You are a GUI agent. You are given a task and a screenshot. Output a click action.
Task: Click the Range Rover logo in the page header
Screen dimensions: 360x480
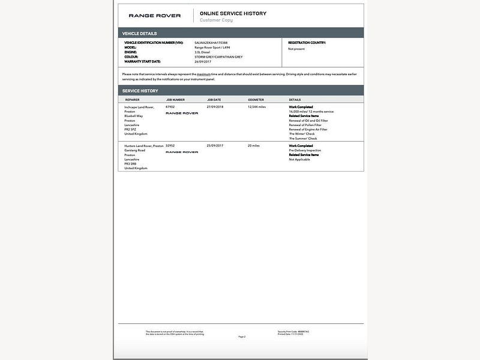click(154, 16)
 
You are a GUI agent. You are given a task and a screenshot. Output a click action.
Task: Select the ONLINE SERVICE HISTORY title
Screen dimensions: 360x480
click(233, 13)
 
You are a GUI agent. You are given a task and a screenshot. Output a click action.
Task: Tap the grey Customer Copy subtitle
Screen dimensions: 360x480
click(216, 20)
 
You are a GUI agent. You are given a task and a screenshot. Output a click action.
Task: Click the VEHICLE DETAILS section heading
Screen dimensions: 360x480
click(140, 34)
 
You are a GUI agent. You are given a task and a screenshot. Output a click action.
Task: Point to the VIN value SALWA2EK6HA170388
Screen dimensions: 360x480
click(211, 43)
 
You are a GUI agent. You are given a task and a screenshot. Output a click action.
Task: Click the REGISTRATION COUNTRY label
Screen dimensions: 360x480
click(307, 43)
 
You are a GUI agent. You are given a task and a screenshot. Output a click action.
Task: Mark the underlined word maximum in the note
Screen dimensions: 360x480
click(203, 74)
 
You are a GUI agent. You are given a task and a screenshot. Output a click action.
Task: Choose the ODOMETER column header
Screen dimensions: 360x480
click(256, 100)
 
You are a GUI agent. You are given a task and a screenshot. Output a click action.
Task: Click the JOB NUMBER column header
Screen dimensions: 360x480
click(175, 100)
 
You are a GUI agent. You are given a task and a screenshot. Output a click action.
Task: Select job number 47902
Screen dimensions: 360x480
click(170, 107)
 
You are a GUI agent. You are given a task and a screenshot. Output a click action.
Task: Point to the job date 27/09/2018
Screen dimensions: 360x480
click(215, 107)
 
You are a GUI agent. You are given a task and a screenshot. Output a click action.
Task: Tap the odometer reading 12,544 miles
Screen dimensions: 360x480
click(257, 107)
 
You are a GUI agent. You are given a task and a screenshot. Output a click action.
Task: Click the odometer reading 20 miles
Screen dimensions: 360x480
click(254, 146)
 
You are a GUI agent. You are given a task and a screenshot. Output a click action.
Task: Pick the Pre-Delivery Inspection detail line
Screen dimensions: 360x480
click(305, 151)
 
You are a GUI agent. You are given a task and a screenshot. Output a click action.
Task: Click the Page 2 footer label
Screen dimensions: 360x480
click(242, 337)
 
